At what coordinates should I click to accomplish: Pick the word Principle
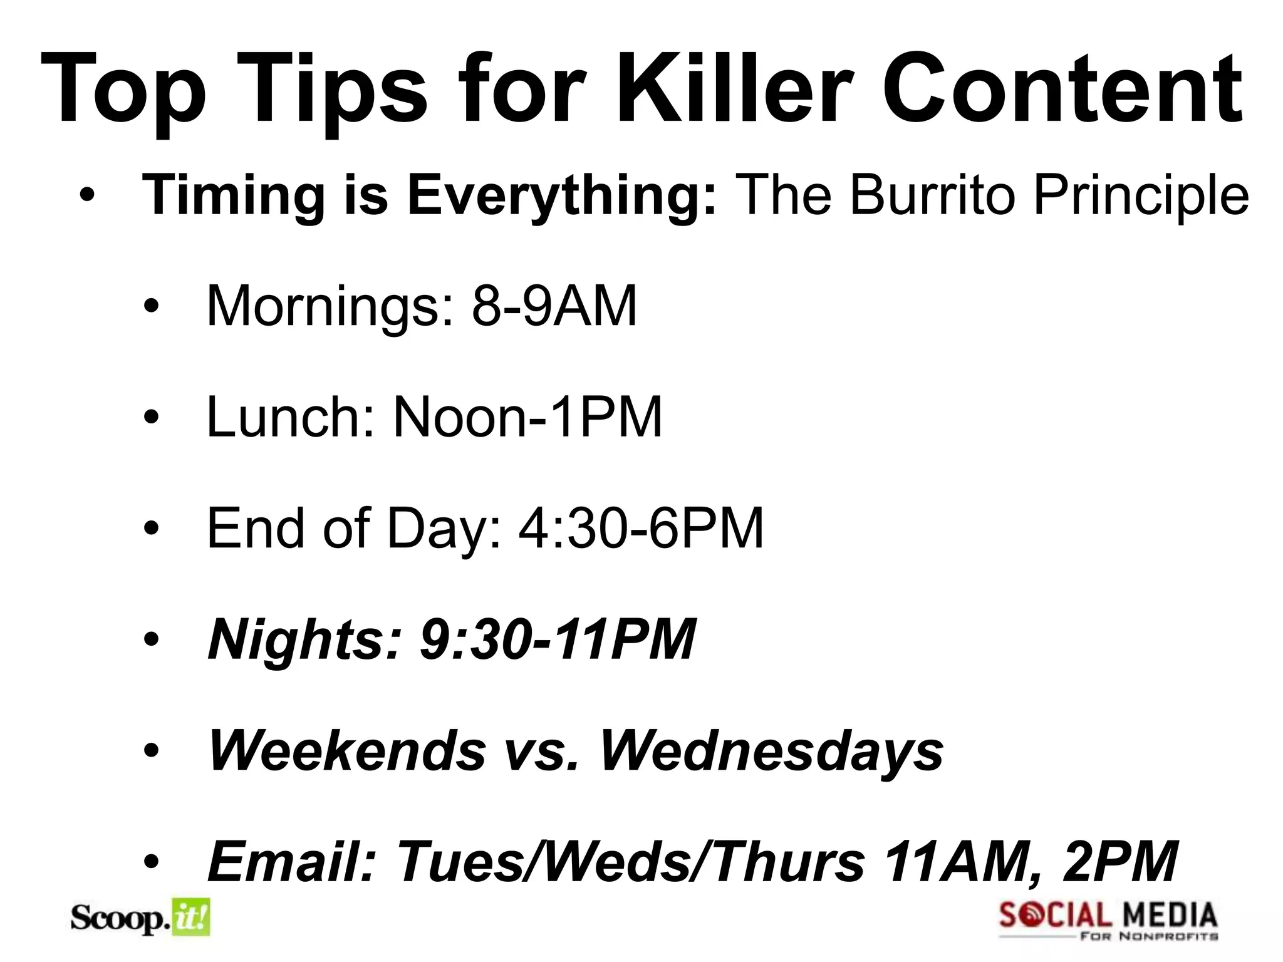click(1141, 196)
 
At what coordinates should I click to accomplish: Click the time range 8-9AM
click(554, 306)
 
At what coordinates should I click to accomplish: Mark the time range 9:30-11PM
click(558, 639)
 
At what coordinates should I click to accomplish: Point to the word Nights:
click(304, 641)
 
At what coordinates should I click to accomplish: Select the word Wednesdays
click(771, 752)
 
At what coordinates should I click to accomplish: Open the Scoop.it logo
click(140, 919)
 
